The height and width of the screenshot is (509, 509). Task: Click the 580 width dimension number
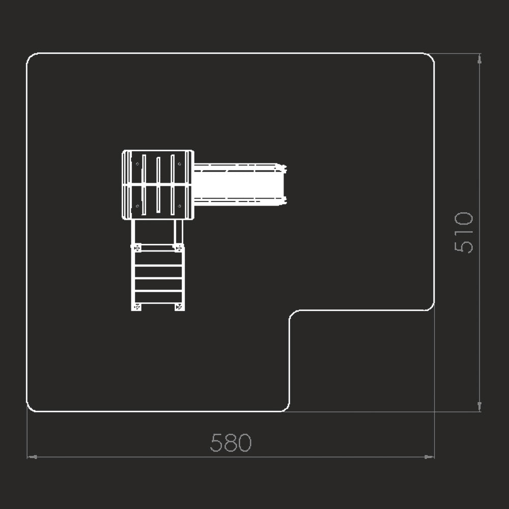tap(231, 442)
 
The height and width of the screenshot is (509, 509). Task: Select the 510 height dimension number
tap(464, 232)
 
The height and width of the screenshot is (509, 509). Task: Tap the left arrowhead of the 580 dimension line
tap(32, 457)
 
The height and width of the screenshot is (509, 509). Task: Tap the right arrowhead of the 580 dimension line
tap(430, 457)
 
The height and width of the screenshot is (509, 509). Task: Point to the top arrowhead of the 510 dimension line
tap(479, 59)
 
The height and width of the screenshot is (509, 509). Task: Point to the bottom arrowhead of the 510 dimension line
tap(479, 407)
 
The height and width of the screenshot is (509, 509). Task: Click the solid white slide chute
tap(239, 184)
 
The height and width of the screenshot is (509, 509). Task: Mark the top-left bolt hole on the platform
tap(137, 164)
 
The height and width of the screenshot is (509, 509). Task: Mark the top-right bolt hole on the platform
tap(179, 164)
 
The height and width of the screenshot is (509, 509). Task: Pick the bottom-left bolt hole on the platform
tap(137, 206)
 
